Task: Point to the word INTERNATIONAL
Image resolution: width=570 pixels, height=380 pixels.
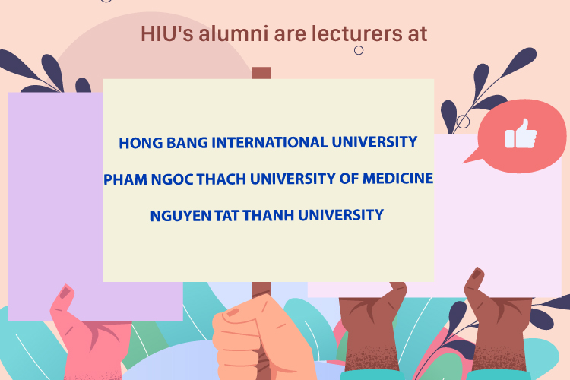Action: pyautogui.click(x=269, y=143)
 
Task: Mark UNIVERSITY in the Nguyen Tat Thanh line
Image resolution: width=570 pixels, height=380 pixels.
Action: pyautogui.click(x=340, y=215)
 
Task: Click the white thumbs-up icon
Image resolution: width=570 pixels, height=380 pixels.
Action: pyautogui.click(x=521, y=134)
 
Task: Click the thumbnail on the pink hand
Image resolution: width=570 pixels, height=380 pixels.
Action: pyautogui.click(x=65, y=293)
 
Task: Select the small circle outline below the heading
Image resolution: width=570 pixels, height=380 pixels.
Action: pyautogui.click(x=359, y=50)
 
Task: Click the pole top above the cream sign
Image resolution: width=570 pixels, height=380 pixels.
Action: pyautogui.click(x=261, y=73)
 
